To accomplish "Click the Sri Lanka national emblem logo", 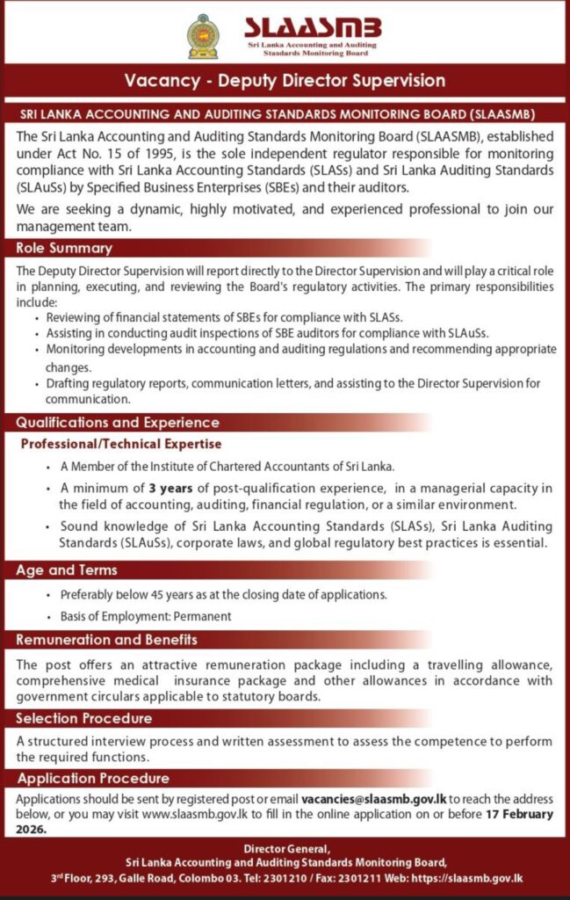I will tap(203, 36).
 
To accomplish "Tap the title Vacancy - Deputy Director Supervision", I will tap(285, 81).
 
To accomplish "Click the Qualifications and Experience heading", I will tap(117, 423).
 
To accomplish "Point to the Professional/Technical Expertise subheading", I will tap(121, 444).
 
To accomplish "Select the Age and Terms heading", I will tap(67, 570).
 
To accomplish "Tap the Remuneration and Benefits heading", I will tap(106, 639).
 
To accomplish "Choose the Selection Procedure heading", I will tap(83, 718).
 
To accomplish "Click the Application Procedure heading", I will tap(93, 778).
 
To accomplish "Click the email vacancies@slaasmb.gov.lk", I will tap(374, 800).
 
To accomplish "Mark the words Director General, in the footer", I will tap(285, 848).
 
